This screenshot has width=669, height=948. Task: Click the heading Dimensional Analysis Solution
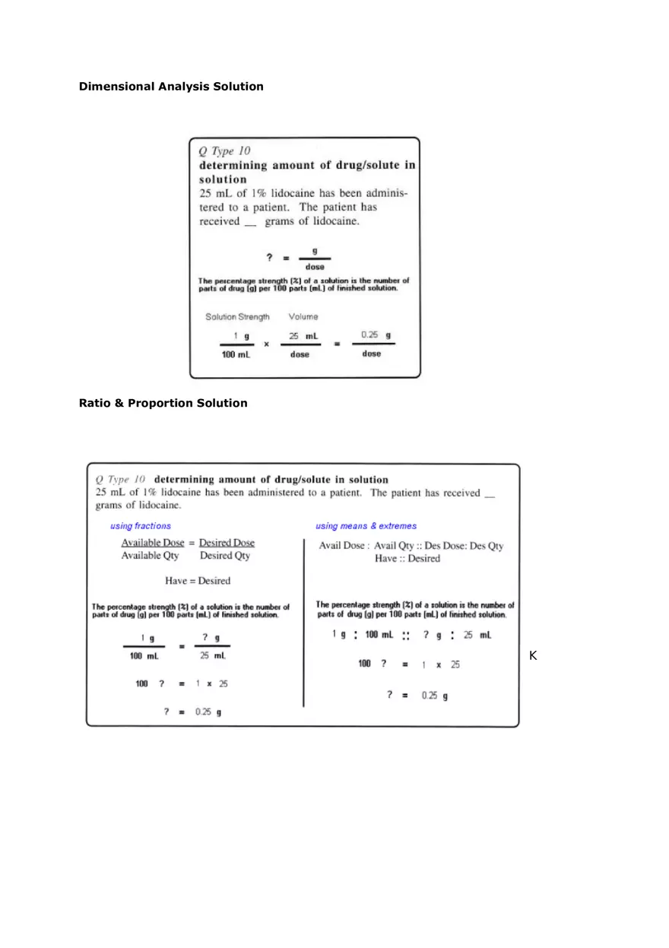tap(171, 87)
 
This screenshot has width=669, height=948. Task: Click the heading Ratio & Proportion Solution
tap(163, 403)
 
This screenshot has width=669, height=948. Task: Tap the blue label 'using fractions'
tap(141, 526)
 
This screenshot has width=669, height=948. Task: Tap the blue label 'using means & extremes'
tap(366, 526)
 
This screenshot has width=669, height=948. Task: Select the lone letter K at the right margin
tap(533, 655)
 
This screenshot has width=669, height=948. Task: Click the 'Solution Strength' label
tap(237, 317)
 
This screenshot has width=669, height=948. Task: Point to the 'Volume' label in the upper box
tap(303, 317)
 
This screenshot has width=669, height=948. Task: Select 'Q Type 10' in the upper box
tap(225, 151)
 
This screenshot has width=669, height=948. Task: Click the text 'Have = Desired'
tap(198, 581)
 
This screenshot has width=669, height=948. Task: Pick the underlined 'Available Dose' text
tap(153, 543)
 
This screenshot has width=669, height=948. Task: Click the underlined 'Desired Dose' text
tap(227, 543)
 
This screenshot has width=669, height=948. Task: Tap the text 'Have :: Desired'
tap(407, 559)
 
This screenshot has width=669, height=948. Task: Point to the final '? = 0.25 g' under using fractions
tap(193, 712)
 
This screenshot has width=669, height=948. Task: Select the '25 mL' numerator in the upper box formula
tap(303, 336)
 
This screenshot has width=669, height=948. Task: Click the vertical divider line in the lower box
tap(303, 623)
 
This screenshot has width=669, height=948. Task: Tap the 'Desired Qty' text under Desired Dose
tap(225, 556)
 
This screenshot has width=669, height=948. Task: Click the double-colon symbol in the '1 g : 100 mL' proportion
tap(405, 636)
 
